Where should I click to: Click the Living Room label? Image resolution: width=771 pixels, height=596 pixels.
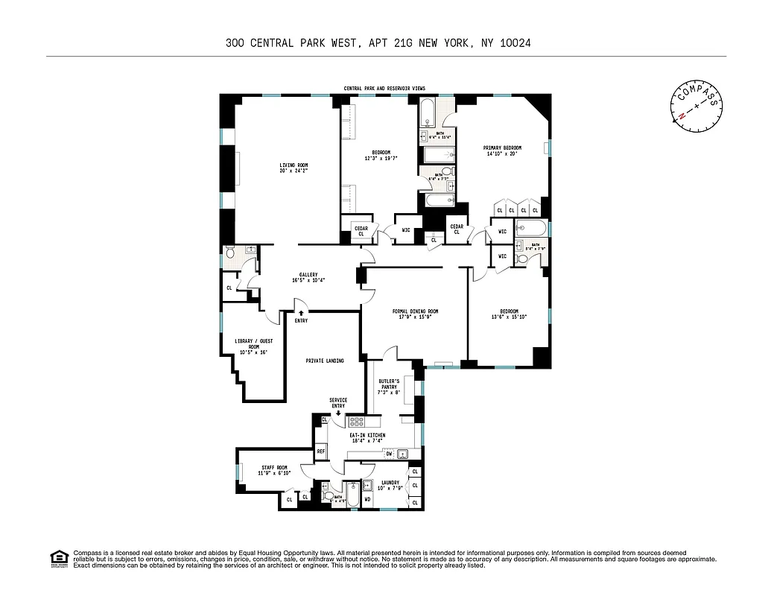tap(294, 165)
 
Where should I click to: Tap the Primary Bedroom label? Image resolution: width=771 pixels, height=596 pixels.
tap(502, 148)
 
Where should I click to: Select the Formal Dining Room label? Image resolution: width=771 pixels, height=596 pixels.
tap(415, 311)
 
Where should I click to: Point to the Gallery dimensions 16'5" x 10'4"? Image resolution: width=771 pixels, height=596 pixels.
tap(308, 280)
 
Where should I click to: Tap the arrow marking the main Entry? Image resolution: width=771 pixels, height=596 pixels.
tap(301, 312)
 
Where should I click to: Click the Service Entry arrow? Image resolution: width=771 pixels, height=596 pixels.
tap(338, 413)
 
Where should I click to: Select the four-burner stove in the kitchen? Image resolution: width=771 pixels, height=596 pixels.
tap(355, 422)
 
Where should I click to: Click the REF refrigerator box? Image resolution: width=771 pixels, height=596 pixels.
tap(321, 451)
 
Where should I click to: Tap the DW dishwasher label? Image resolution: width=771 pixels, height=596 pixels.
tap(389, 453)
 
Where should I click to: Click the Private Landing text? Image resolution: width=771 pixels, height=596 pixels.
tap(325, 361)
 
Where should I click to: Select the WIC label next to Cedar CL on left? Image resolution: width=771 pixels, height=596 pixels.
tap(406, 229)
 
